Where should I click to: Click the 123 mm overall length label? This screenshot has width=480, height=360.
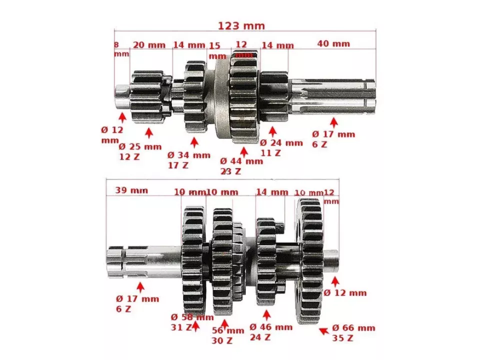[x=241, y=25]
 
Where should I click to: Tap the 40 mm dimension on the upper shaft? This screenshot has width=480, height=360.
[x=333, y=44]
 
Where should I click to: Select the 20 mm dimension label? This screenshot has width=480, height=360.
[x=149, y=45]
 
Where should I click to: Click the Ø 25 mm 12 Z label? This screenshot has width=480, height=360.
[x=140, y=151]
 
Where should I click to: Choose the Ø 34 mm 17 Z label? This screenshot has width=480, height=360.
[x=188, y=159]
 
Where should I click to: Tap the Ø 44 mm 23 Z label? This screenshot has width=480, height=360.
[x=241, y=166]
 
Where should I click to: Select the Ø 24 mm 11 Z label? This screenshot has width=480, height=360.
[x=281, y=147]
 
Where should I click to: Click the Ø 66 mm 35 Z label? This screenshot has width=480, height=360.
[x=353, y=333]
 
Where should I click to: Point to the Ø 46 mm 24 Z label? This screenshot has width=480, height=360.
[x=270, y=332]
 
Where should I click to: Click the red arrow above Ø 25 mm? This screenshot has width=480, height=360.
[x=148, y=133]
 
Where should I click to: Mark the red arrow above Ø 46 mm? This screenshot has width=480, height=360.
[x=266, y=315]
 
